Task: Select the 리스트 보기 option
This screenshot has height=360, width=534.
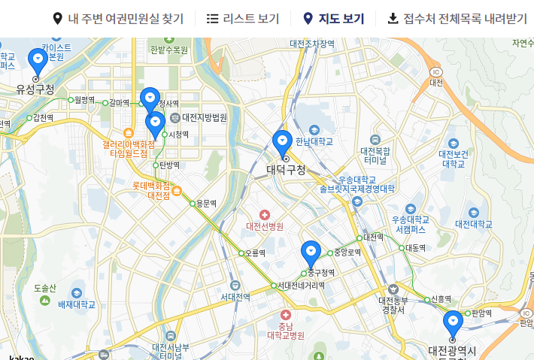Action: [x=242, y=19]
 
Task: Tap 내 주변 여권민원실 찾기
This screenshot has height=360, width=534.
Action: [x=117, y=19]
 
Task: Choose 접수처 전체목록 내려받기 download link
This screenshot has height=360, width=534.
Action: [x=457, y=19]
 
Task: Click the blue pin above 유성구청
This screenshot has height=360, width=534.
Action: [x=37, y=60]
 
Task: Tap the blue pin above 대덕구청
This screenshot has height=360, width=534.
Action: [x=283, y=142]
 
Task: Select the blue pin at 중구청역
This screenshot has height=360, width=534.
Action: [x=311, y=253]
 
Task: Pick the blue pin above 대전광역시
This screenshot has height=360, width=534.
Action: [x=453, y=323]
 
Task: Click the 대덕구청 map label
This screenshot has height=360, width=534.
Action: [x=287, y=170]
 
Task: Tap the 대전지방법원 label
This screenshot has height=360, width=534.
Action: [x=204, y=117]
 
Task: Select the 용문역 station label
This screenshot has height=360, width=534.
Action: [x=205, y=204]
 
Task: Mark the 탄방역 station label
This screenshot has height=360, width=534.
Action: [x=169, y=165]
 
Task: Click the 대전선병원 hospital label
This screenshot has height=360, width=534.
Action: [x=265, y=225]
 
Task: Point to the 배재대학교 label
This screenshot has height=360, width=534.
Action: [x=77, y=304]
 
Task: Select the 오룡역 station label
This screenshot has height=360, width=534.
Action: [x=256, y=253]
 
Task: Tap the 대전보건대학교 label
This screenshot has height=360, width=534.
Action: [x=454, y=159]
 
